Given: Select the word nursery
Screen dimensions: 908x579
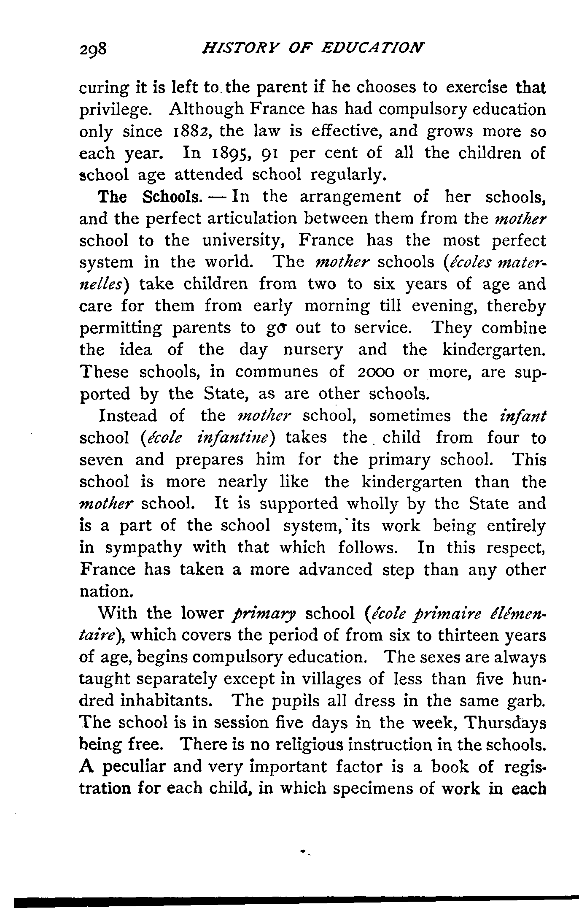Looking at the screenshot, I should [312, 350].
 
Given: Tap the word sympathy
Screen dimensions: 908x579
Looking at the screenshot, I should [143, 548].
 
